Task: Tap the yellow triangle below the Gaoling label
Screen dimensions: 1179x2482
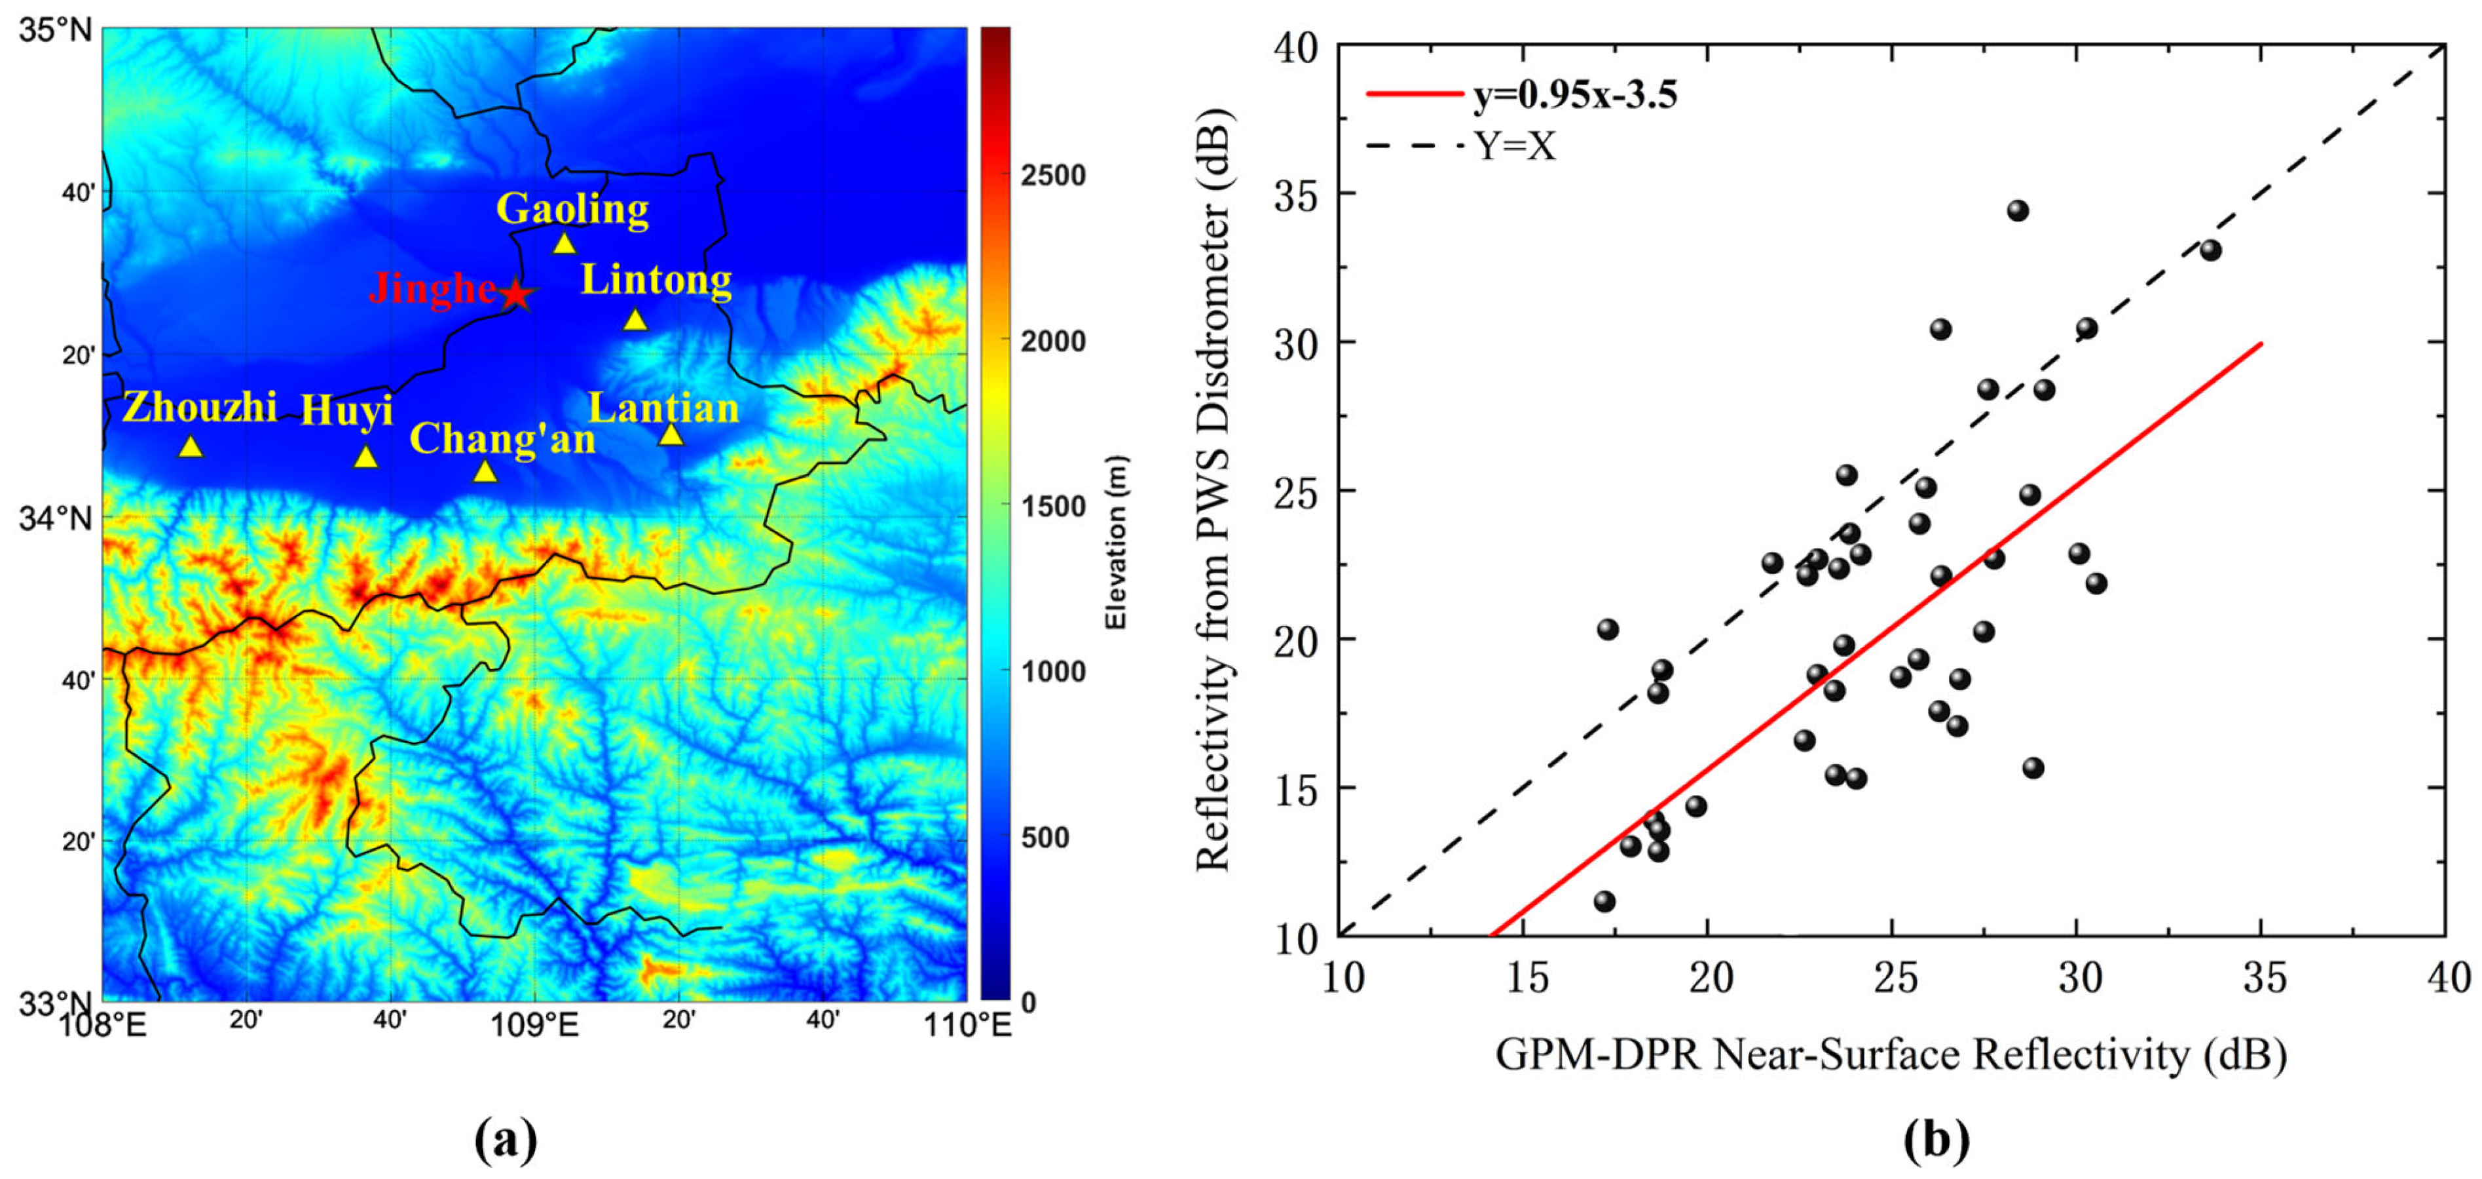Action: [x=565, y=244]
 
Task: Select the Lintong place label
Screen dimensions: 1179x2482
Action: [x=656, y=280]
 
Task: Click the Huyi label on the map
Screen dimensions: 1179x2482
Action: [x=347, y=410]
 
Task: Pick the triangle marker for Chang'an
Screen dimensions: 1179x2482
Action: [x=485, y=471]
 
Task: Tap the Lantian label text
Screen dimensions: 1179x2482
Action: [x=664, y=408]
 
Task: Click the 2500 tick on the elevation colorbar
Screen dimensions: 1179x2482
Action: [x=1053, y=176]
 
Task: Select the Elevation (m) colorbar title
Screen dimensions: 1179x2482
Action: [x=1116, y=543]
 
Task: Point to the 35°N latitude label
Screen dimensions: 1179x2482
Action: [x=56, y=30]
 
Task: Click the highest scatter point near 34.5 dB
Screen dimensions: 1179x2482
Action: [x=2018, y=211]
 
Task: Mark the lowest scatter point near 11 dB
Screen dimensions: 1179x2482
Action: [x=1604, y=901]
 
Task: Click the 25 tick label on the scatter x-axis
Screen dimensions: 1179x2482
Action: [x=1895, y=978]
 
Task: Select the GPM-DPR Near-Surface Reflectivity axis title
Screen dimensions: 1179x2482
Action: [x=1891, y=1054]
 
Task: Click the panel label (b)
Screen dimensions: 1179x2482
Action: [x=1936, y=1140]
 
